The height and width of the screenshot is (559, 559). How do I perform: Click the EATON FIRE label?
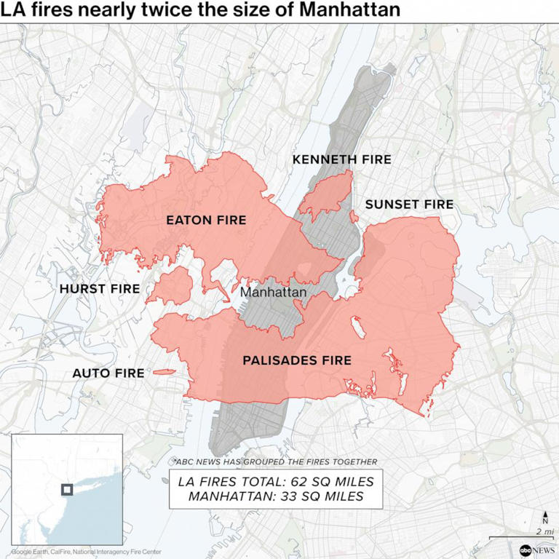[x=206, y=220]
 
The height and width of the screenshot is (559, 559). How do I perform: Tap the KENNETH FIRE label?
[x=341, y=159]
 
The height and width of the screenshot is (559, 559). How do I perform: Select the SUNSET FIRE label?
[x=409, y=205]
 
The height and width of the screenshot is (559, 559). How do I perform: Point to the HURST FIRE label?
[x=99, y=289]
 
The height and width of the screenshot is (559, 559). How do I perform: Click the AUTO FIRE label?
[x=108, y=373]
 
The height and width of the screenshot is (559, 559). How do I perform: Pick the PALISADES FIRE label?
[x=296, y=360]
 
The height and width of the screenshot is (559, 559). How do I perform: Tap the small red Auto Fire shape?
[x=163, y=372]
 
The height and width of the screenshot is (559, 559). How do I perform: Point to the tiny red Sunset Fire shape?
[x=354, y=217]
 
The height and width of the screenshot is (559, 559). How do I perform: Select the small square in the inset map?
[x=67, y=488]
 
